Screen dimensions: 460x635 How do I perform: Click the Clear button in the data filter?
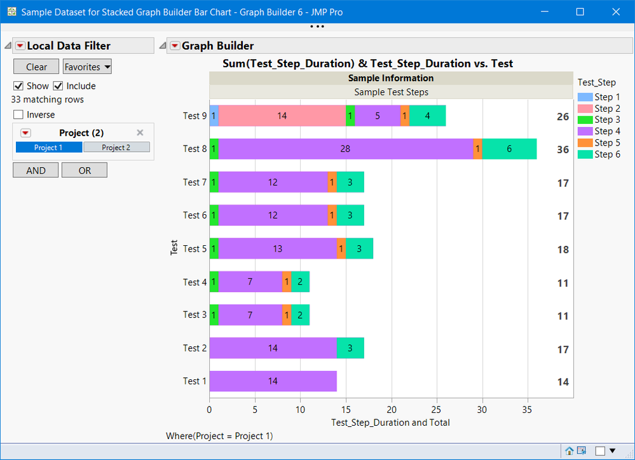(x=36, y=67)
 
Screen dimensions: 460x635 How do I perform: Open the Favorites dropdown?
(x=87, y=67)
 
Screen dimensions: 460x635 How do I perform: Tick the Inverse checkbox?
(x=18, y=115)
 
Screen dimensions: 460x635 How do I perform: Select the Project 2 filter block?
(x=116, y=147)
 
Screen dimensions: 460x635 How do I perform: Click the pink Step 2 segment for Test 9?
(x=282, y=116)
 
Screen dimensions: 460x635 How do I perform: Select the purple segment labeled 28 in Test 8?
(x=346, y=149)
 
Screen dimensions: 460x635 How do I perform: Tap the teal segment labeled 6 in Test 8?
(x=509, y=149)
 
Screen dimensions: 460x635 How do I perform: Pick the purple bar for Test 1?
(x=273, y=381)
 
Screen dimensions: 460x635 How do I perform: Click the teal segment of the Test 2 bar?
(x=350, y=348)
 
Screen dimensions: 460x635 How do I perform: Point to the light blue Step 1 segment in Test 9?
(x=214, y=116)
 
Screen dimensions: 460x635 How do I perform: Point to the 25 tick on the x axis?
(x=437, y=410)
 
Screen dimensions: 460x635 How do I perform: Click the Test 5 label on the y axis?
(x=195, y=249)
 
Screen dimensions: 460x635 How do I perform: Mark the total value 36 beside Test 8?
(x=563, y=150)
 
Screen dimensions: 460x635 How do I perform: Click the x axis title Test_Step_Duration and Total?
(x=391, y=423)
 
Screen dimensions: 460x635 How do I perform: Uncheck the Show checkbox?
(x=18, y=86)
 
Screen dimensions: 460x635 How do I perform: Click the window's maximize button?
(x=580, y=11)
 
